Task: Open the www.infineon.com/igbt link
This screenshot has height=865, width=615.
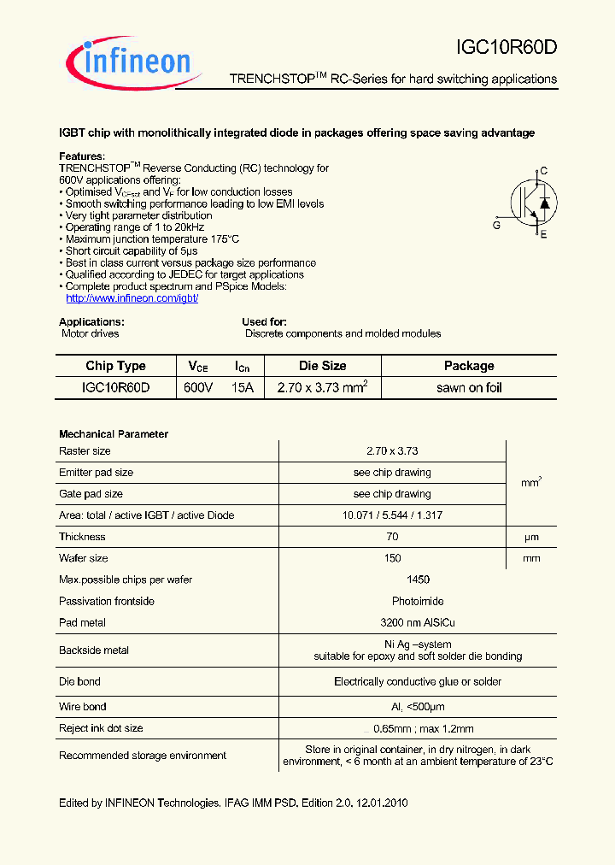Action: [x=132, y=298]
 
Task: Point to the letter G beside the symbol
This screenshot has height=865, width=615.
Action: [x=496, y=225]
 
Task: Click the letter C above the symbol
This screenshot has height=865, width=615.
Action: [x=543, y=171]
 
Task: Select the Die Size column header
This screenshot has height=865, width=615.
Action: [x=322, y=366]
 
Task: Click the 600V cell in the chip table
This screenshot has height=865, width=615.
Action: [x=199, y=387]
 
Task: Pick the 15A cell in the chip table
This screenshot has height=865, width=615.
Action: [x=243, y=387]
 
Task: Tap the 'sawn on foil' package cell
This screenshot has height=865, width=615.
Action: [x=469, y=387]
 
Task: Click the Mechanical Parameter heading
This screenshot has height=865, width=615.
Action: [x=114, y=434]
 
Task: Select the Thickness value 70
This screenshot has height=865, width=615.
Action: [x=392, y=537]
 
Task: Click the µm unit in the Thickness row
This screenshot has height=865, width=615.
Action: [x=530, y=537]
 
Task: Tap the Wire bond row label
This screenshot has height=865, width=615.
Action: [x=83, y=707]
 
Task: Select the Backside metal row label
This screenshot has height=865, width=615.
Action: [x=94, y=650]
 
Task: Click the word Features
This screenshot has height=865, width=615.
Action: [x=81, y=156]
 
